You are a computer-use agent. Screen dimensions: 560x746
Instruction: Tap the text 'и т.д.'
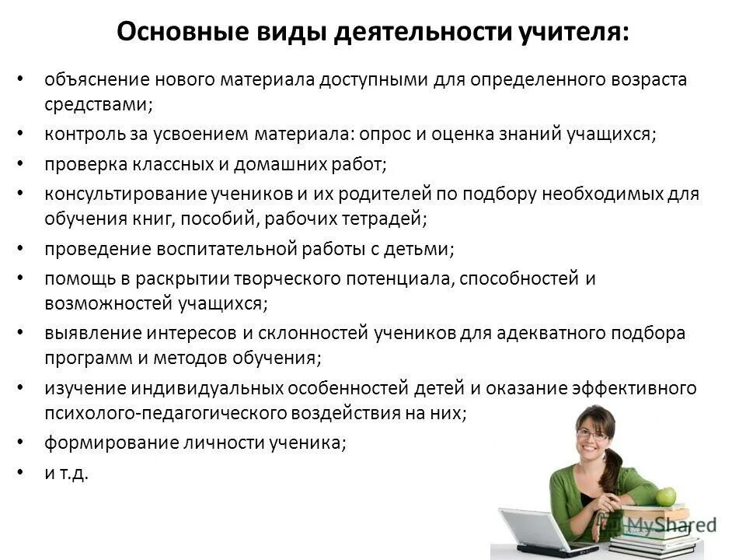coord(67,473)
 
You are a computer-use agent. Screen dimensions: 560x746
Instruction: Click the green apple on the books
coord(666,497)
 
